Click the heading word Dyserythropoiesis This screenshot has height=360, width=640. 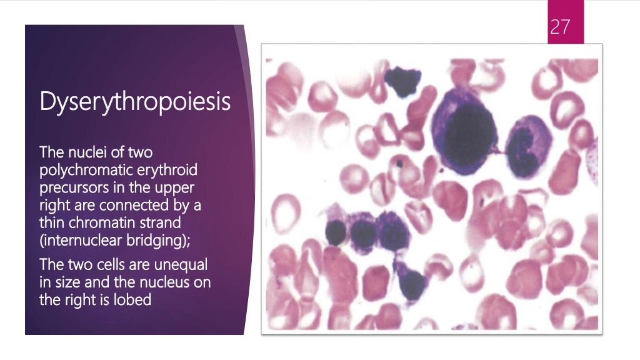pos(135,101)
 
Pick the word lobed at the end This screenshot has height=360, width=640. pos(134,299)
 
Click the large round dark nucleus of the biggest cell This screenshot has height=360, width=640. pos(470,130)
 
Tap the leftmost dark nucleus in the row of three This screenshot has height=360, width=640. pos(336,232)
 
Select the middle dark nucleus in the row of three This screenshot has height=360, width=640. pos(362,234)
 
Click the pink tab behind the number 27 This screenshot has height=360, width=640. pos(565,22)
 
